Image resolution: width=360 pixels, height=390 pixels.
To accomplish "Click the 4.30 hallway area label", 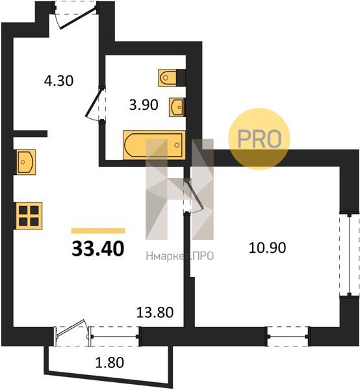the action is coord(58,81).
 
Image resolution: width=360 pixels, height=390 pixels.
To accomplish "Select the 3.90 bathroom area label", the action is coord(144,105).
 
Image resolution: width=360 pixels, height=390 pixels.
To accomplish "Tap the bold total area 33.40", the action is coord(98,249).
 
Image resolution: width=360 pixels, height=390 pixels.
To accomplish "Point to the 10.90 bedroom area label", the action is coord(267,248).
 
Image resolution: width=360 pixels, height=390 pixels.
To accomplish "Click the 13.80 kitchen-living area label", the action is coord(155,313).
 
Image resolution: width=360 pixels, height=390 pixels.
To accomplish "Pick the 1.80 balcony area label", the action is coord(110,363).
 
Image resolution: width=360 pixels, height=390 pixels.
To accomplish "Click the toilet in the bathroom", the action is coord(168,77).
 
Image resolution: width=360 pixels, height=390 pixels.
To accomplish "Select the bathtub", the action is coord(154,145).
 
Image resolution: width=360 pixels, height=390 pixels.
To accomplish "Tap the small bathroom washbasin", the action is coord(176,107).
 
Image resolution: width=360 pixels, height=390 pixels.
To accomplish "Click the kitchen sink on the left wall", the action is coord(26,162).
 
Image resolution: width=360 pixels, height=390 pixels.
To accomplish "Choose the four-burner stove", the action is coord(29,216).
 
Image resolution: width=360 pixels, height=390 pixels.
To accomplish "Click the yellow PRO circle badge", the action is coord(259,139).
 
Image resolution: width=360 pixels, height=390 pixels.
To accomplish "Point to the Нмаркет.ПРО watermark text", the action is coord(180,256).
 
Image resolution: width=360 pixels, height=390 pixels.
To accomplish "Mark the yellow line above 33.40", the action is coord(98,231).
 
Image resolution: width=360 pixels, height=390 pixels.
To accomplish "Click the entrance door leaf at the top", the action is coord(77,18).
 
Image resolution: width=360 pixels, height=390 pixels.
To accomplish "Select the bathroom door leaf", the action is coord(94,102).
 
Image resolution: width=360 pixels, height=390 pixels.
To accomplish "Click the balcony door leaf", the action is coord(71,328).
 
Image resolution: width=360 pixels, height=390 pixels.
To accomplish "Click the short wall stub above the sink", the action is coord(30,133).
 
